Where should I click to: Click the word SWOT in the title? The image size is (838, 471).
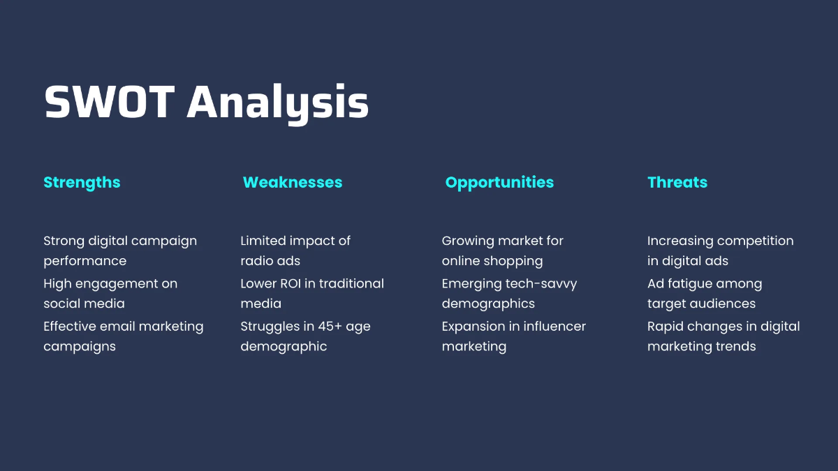pyautogui.click(x=110, y=102)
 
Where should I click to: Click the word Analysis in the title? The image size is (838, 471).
pyautogui.click(x=278, y=104)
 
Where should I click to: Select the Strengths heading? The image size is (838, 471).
pyautogui.click(x=82, y=183)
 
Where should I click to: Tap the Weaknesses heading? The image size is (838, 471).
pyautogui.click(x=293, y=182)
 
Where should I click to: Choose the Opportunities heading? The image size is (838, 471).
pyautogui.click(x=499, y=183)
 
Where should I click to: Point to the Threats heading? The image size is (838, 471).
pyautogui.click(x=677, y=182)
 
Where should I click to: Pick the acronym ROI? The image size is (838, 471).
pyautogui.click(x=291, y=284)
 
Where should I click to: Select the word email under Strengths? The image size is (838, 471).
pyautogui.click(x=117, y=327)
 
